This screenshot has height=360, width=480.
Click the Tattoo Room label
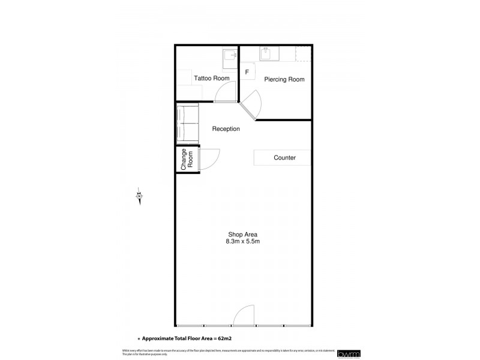(212, 78)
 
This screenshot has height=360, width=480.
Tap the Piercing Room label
(284, 79)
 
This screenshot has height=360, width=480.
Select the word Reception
(226, 129)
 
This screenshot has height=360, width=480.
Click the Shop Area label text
(243, 235)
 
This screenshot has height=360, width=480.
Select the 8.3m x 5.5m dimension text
(243, 241)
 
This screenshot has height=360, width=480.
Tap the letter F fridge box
(247, 73)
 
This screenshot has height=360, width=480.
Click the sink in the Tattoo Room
(229, 56)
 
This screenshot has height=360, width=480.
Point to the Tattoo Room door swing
(225, 92)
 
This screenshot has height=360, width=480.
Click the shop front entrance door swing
(245, 316)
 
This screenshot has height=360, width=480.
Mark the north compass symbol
(139, 196)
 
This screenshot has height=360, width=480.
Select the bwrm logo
(347, 353)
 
